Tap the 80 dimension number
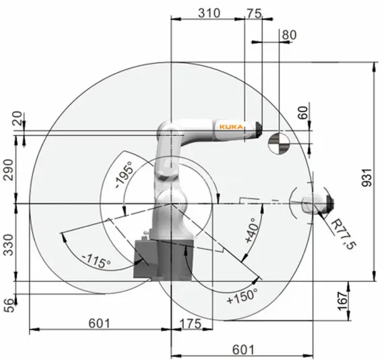pyautogui.click(x=288, y=34)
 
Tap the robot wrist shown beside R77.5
pyautogui.click(x=317, y=202)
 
